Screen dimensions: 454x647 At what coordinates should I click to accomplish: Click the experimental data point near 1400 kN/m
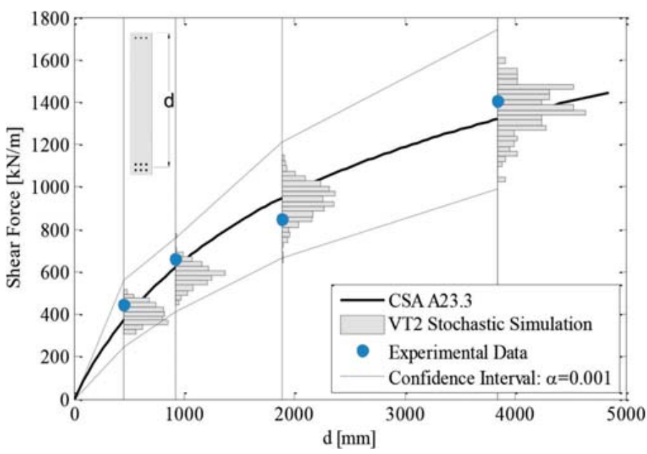pos(498,101)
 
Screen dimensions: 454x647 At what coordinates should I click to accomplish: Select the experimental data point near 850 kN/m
pos(282,219)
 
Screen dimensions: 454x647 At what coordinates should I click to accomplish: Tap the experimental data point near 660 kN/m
pos(176,259)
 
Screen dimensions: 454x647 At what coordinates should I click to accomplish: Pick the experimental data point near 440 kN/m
pos(124,305)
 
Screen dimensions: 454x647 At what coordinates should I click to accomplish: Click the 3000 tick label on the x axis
pos(405,413)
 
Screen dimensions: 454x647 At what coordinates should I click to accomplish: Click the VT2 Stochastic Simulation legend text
pos(490,323)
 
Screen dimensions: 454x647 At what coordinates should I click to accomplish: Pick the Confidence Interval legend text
pos(499,378)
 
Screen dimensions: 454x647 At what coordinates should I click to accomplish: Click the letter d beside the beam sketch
pos(169,101)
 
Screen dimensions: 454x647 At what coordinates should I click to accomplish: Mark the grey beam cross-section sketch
pos(141,103)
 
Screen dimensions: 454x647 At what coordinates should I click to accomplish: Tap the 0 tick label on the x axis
pos(75,413)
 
